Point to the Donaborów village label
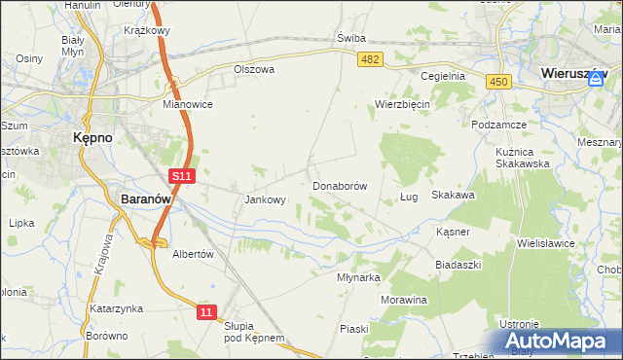click(x=339, y=185)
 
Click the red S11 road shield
click(x=181, y=176)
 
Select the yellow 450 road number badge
click(x=499, y=83)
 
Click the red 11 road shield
click(x=205, y=311)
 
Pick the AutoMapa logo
click(x=559, y=342)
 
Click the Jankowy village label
click(x=265, y=200)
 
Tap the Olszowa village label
click(x=255, y=70)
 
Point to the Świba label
click(x=350, y=38)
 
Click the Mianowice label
click(x=188, y=103)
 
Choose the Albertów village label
click(x=192, y=253)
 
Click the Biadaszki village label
click(x=459, y=264)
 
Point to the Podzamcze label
click(x=498, y=126)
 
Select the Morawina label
click(x=404, y=300)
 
